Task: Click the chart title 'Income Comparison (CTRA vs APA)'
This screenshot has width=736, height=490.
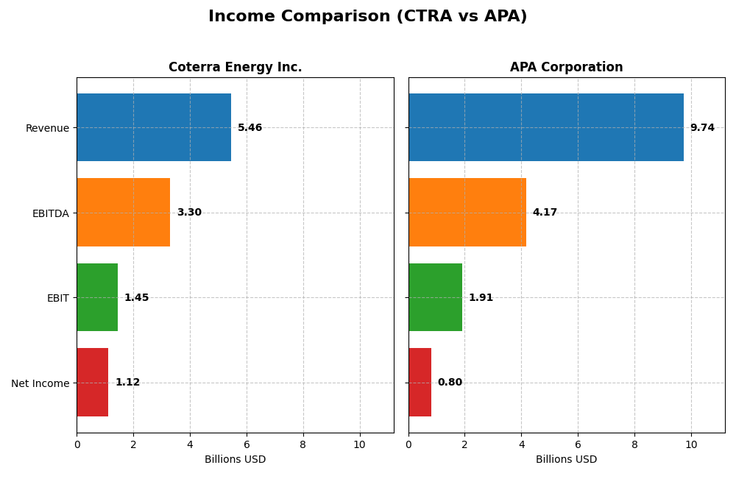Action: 367,16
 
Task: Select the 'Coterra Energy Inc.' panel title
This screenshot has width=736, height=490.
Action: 235,67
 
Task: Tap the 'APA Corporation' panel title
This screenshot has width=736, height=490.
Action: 566,67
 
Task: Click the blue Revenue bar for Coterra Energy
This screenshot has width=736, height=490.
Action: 154,127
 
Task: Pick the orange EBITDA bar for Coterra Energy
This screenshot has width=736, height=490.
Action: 123,212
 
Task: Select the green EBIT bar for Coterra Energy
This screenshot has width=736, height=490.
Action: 97,297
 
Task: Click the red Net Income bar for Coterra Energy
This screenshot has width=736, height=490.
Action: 92,382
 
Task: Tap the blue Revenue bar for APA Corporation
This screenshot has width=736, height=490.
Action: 545,127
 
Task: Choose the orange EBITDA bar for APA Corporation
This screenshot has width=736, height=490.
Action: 467,212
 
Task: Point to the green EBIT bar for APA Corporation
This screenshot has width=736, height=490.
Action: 435,297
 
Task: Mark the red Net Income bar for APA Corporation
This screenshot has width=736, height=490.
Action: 420,382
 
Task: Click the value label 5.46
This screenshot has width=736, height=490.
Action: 250,127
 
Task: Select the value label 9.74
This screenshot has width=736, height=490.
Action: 702,127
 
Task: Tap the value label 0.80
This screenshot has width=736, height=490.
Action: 450,382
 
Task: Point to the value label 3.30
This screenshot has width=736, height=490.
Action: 189,212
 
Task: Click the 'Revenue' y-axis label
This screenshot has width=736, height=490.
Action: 47,128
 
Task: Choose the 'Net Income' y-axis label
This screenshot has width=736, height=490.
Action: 40,383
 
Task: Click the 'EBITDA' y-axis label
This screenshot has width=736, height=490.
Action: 50,213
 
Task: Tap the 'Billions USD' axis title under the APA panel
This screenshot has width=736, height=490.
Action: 566,459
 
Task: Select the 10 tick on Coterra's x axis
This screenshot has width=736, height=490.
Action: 359,444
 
